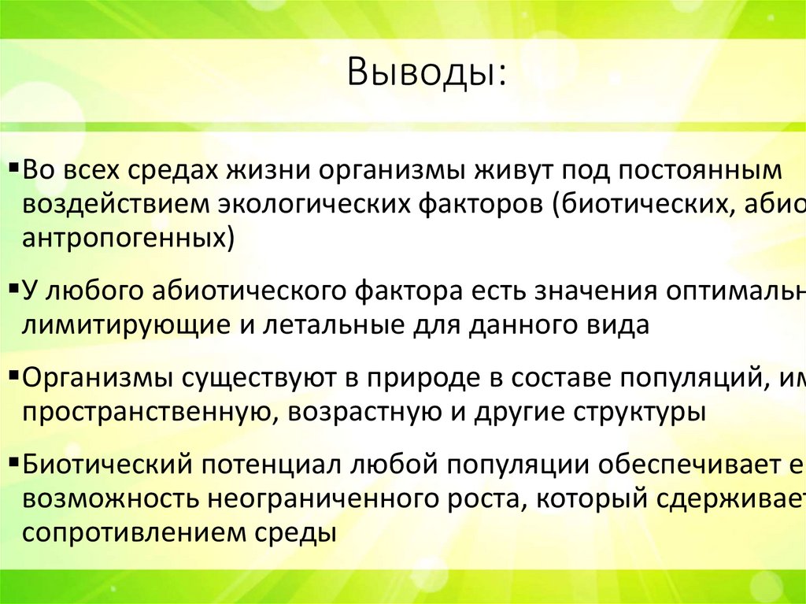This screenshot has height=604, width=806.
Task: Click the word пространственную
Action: (x=146, y=412)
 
